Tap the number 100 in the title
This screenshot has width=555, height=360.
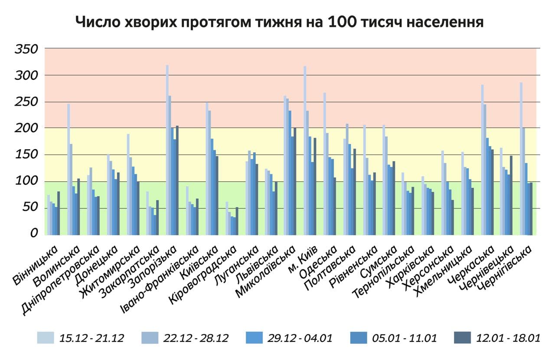click(344, 22)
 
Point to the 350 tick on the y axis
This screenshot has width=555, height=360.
click(26, 49)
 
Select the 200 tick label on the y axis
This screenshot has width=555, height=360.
click(26, 128)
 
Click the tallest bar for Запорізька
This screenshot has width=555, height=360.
click(167, 150)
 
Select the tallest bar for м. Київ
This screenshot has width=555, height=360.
click(305, 150)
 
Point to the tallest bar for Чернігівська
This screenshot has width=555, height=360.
click(521, 158)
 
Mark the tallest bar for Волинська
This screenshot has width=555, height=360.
click(69, 169)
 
